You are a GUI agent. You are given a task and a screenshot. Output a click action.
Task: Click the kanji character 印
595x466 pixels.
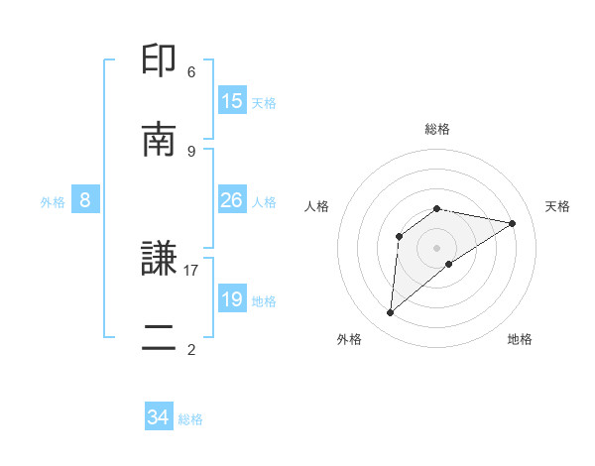click(x=160, y=60)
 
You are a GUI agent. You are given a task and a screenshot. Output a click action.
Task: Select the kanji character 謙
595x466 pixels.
click(x=160, y=261)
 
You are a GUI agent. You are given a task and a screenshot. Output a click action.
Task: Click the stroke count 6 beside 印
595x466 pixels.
click(x=191, y=71)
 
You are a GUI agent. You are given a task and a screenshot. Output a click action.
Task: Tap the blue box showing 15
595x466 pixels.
click(x=232, y=100)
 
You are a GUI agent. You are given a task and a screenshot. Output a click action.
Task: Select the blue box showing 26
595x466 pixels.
click(x=232, y=200)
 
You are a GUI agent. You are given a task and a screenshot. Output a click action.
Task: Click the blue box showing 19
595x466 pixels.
click(x=232, y=299)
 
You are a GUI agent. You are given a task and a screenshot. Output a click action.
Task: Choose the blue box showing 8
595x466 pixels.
click(x=85, y=200)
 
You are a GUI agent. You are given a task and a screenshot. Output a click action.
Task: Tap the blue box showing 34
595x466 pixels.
click(x=159, y=417)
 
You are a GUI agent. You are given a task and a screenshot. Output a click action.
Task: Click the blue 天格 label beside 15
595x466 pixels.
click(x=264, y=102)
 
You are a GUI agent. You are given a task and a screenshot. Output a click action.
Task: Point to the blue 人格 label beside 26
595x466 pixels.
click(x=264, y=202)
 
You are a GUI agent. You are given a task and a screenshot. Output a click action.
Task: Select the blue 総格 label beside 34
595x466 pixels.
click(x=190, y=419)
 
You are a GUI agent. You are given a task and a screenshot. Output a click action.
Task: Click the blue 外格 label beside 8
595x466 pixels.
click(x=53, y=202)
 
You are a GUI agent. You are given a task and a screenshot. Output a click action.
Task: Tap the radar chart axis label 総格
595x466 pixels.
click(x=437, y=129)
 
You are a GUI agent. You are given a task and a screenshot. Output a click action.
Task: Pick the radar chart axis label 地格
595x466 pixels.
click(x=520, y=340)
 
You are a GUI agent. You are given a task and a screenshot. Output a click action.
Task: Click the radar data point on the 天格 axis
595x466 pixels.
click(x=513, y=223)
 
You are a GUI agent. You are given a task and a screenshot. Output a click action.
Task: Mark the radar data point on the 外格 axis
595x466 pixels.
click(x=391, y=313)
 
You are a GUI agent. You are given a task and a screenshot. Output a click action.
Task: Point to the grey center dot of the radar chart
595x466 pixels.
click(x=437, y=247)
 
